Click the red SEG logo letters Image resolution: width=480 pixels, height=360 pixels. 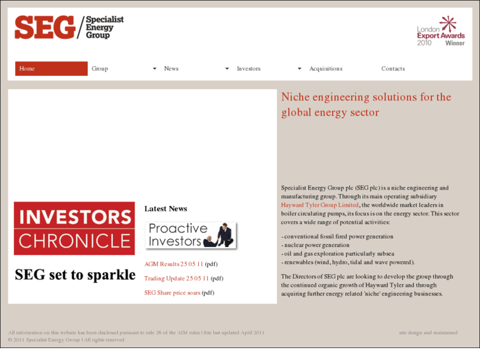(44, 27)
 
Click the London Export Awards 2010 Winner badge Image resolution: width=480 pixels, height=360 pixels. (440, 32)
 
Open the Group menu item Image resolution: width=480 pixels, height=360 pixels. (100, 69)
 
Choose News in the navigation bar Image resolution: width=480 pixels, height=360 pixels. (171, 69)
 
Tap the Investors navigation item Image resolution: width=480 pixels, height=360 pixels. (248, 69)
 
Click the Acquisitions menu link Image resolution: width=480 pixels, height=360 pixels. (326, 69)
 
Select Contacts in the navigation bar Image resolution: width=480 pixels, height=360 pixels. (393, 69)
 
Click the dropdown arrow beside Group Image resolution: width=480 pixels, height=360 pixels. (154, 69)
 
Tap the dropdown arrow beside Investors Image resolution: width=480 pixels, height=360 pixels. (299, 69)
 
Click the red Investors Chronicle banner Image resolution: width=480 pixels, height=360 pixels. (74, 229)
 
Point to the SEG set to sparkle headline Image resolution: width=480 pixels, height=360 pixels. (75, 275)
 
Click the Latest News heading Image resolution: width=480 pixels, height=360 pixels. (166, 209)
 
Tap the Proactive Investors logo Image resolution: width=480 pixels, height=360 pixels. (191, 235)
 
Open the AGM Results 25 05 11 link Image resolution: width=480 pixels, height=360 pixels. (174, 264)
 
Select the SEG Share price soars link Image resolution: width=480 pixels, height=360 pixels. (172, 293)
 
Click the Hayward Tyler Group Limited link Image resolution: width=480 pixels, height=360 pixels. (320, 205)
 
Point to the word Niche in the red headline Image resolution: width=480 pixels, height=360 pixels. (295, 98)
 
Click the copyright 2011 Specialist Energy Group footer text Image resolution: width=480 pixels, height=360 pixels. (65, 340)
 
